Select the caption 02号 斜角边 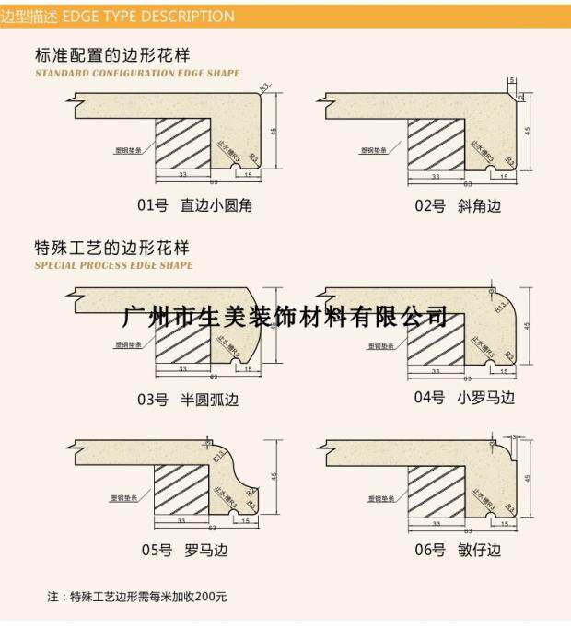[x=458, y=205]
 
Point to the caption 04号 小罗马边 [x=464, y=398]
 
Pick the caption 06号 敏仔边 [x=458, y=551]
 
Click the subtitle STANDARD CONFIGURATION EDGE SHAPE [x=137, y=74]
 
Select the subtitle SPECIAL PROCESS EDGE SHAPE [x=113, y=265]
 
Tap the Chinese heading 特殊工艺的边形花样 [x=111, y=247]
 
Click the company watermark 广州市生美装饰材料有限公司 [x=285, y=318]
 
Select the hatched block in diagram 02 [x=437, y=144]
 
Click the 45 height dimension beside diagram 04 [x=527, y=325]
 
